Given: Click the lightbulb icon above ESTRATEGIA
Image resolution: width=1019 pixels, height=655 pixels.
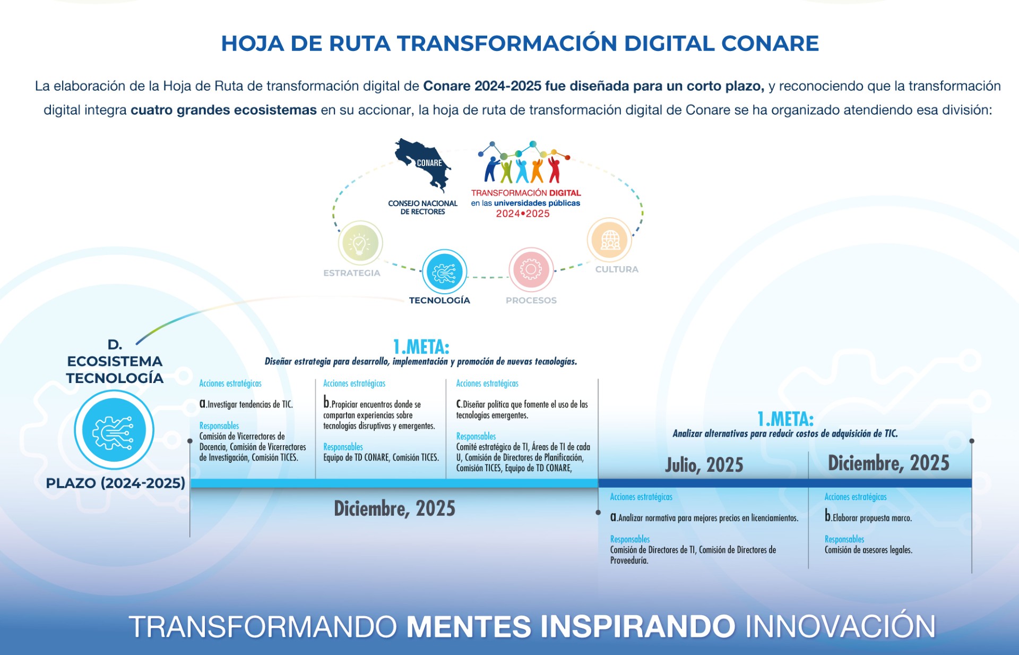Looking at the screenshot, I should click(x=360, y=243).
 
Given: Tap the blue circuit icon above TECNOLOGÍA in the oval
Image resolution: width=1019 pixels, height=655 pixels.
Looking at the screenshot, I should click(x=444, y=272).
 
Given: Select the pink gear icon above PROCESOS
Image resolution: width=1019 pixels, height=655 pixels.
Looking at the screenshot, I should click(x=531, y=269).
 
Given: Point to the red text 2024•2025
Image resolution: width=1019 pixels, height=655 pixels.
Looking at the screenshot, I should click(x=523, y=214).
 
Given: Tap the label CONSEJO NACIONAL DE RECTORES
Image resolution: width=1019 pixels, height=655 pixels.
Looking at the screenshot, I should click(x=422, y=207).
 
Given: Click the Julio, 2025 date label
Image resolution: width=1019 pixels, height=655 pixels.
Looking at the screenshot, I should click(x=704, y=465).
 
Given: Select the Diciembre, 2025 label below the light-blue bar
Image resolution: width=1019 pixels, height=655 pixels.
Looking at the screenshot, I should click(x=394, y=508).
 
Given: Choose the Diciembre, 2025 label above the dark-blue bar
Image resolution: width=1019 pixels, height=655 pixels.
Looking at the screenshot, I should click(x=888, y=463).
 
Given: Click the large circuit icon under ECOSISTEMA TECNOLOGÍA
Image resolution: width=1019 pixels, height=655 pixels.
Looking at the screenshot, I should click(x=114, y=430).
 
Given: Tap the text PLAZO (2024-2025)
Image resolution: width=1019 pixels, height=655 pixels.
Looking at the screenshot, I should click(x=115, y=483).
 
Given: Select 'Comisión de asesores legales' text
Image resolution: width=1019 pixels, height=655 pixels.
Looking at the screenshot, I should click(x=868, y=550).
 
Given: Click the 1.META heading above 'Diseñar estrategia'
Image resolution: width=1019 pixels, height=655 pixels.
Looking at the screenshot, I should click(x=421, y=347).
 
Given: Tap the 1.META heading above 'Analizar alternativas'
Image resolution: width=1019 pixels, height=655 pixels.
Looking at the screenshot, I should click(x=785, y=419).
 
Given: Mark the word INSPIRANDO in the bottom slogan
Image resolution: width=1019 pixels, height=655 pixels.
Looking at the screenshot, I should click(x=637, y=626).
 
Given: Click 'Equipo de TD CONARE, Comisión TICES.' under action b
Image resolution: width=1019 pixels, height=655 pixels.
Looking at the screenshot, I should click(x=381, y=457).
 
